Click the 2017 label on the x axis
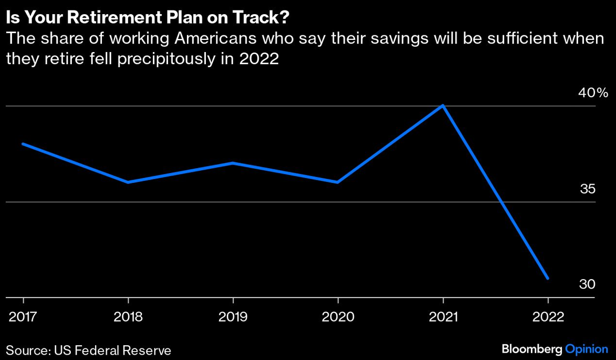(x=23, y=317)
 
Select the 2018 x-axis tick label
(x=128, y=317)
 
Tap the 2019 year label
(x=233, y=317)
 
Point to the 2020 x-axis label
(x=338, y=317)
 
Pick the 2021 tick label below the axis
(x=443, y=317)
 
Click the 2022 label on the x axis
(x=548, y=317)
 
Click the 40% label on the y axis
(x=593, y=94)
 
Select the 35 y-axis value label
(x=588, y=189)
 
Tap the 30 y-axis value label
(x=588, y=284)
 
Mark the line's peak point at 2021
(x=443, y=106)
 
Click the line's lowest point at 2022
(x=548, y=278)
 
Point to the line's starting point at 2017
(x=23, y=143)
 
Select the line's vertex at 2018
(x=128, y=182)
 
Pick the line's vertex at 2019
(x=233, y=163)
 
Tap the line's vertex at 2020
(x=338, y=182)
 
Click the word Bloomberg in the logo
(x=531, y=348)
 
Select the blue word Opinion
(x=586, y=348)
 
